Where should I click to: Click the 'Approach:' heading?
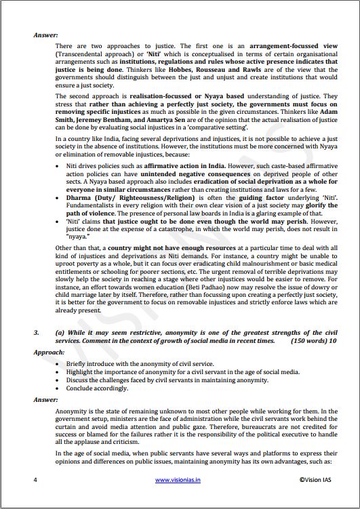coord(49,352)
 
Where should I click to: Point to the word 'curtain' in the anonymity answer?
coord(68,427)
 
